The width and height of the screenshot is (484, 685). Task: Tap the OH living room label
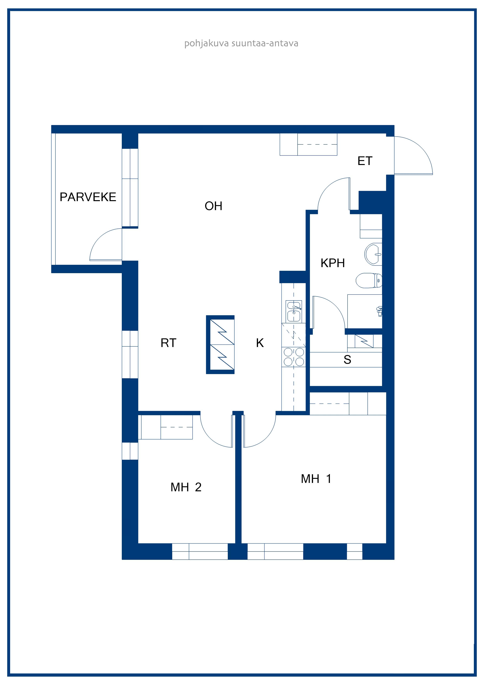214,206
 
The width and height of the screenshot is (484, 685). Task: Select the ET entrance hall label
365,161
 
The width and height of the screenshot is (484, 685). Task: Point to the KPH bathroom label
333,263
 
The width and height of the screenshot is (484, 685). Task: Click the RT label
168,343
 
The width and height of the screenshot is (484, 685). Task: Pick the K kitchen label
260,343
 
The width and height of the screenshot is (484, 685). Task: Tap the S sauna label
347,359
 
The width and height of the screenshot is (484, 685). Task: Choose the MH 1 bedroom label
316,479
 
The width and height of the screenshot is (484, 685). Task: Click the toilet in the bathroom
369,280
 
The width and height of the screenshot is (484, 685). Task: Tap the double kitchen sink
294,311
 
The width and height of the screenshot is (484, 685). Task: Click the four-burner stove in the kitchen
294,357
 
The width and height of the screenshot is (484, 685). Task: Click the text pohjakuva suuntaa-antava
241,44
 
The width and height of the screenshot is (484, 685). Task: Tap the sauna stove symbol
364,341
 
